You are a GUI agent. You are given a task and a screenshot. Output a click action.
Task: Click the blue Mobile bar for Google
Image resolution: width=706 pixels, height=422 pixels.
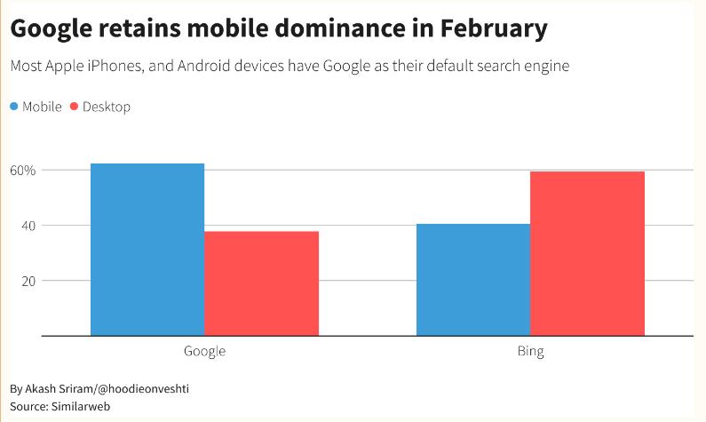(147, 250)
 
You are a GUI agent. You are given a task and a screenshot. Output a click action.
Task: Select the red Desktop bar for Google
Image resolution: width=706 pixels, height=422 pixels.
(261, 283)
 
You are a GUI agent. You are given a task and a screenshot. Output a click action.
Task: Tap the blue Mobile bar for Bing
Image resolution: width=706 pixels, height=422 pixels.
(472, 280)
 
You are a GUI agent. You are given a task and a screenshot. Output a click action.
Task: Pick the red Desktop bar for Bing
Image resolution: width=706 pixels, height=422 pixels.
(587, 253)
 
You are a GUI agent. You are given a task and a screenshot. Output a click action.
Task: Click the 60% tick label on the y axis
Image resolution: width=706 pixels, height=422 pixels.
(23, 170)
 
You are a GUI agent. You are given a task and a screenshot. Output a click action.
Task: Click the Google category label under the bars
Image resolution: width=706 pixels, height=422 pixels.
(204, 351)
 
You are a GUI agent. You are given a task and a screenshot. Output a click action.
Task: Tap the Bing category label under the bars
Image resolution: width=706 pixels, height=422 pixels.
(530, 351)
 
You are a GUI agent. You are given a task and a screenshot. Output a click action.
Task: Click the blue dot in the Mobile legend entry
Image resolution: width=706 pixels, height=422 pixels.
(13, 107)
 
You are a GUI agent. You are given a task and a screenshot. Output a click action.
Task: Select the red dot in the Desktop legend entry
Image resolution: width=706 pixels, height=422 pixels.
(74, 107)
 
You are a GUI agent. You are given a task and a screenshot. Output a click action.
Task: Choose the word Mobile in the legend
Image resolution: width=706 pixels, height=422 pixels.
(42, 107)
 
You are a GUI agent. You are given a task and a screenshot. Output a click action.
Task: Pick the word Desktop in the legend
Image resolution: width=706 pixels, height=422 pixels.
(107, 107)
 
